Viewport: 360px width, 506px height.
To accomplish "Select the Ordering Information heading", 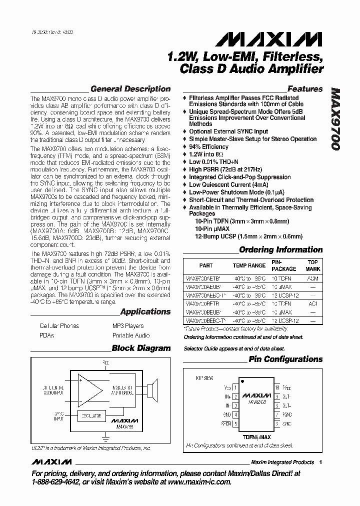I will click(x=281, y=249).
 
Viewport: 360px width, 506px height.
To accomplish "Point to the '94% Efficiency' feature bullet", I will click(x=208, y=147).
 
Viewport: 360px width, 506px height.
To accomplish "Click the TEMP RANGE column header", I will click(x=249, y=265).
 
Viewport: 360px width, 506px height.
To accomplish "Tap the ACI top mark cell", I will click(x=312, y=303).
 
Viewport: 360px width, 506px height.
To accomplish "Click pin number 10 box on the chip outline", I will click(x=276, y=388).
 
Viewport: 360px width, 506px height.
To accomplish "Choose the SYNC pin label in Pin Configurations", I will click(x=287, y=423).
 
